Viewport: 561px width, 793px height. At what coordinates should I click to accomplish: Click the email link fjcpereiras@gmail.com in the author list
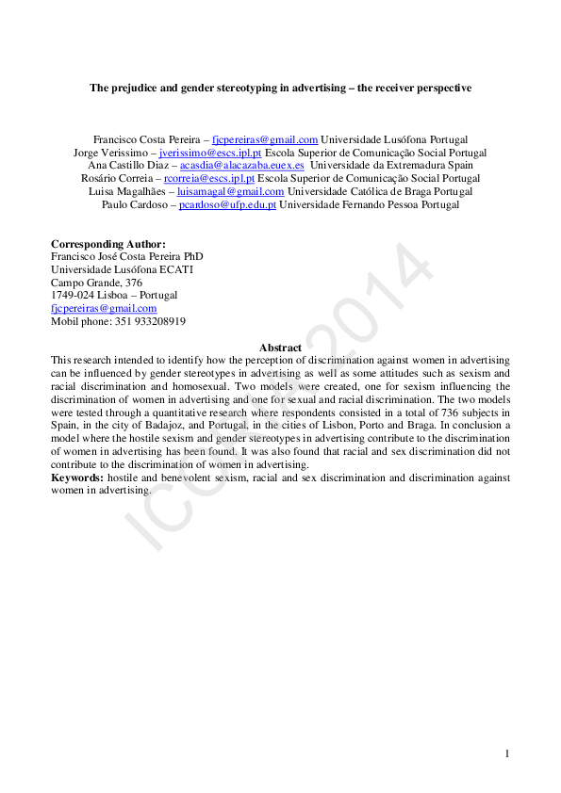265,139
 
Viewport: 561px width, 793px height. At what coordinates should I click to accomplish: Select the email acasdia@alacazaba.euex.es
241,166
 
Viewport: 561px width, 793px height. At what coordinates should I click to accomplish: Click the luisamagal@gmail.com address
230,192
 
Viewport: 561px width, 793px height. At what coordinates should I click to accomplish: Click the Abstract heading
280,348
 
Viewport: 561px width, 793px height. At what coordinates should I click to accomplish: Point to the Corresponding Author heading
107,244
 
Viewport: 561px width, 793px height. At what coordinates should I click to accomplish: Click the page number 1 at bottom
507,753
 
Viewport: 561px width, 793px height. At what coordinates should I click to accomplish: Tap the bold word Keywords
76,478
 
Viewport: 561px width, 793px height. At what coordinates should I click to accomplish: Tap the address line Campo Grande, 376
96,283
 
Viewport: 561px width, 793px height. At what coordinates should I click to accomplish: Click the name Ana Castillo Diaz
127,166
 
